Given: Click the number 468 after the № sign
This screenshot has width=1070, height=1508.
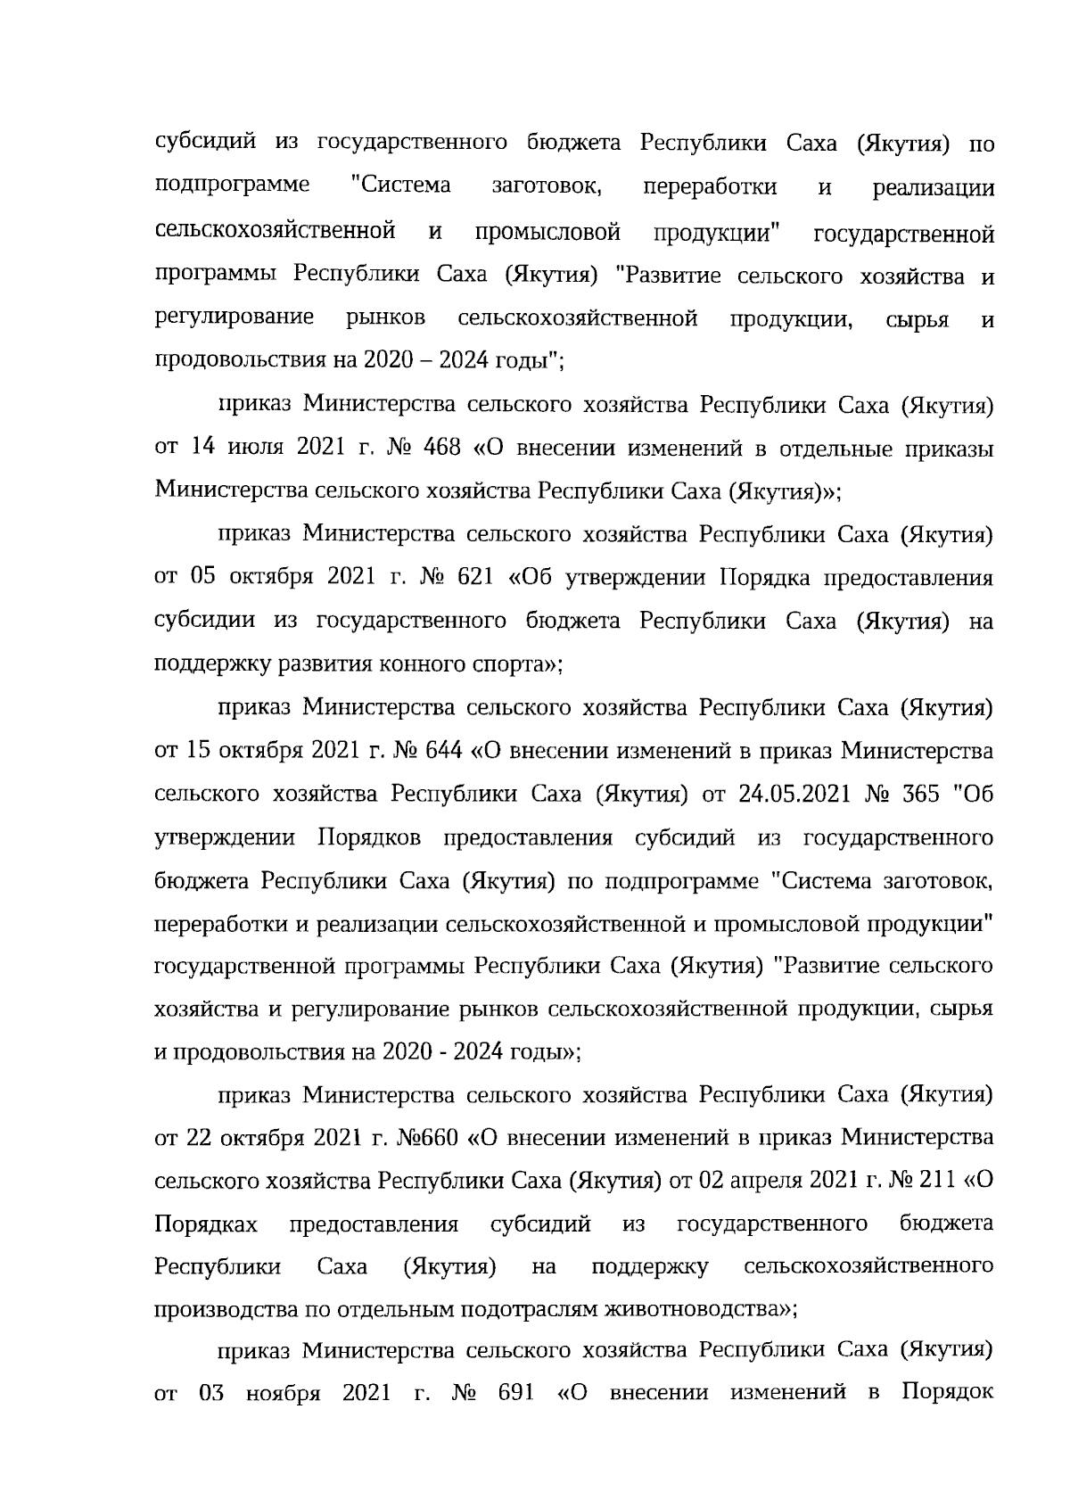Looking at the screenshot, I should [x=438, y=448].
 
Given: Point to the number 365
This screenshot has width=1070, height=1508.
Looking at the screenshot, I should [x=920, y=794].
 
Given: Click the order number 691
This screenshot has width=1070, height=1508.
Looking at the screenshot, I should [x=514, y=1394].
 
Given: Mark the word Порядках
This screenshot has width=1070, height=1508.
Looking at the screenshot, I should [x=206, y=1224].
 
